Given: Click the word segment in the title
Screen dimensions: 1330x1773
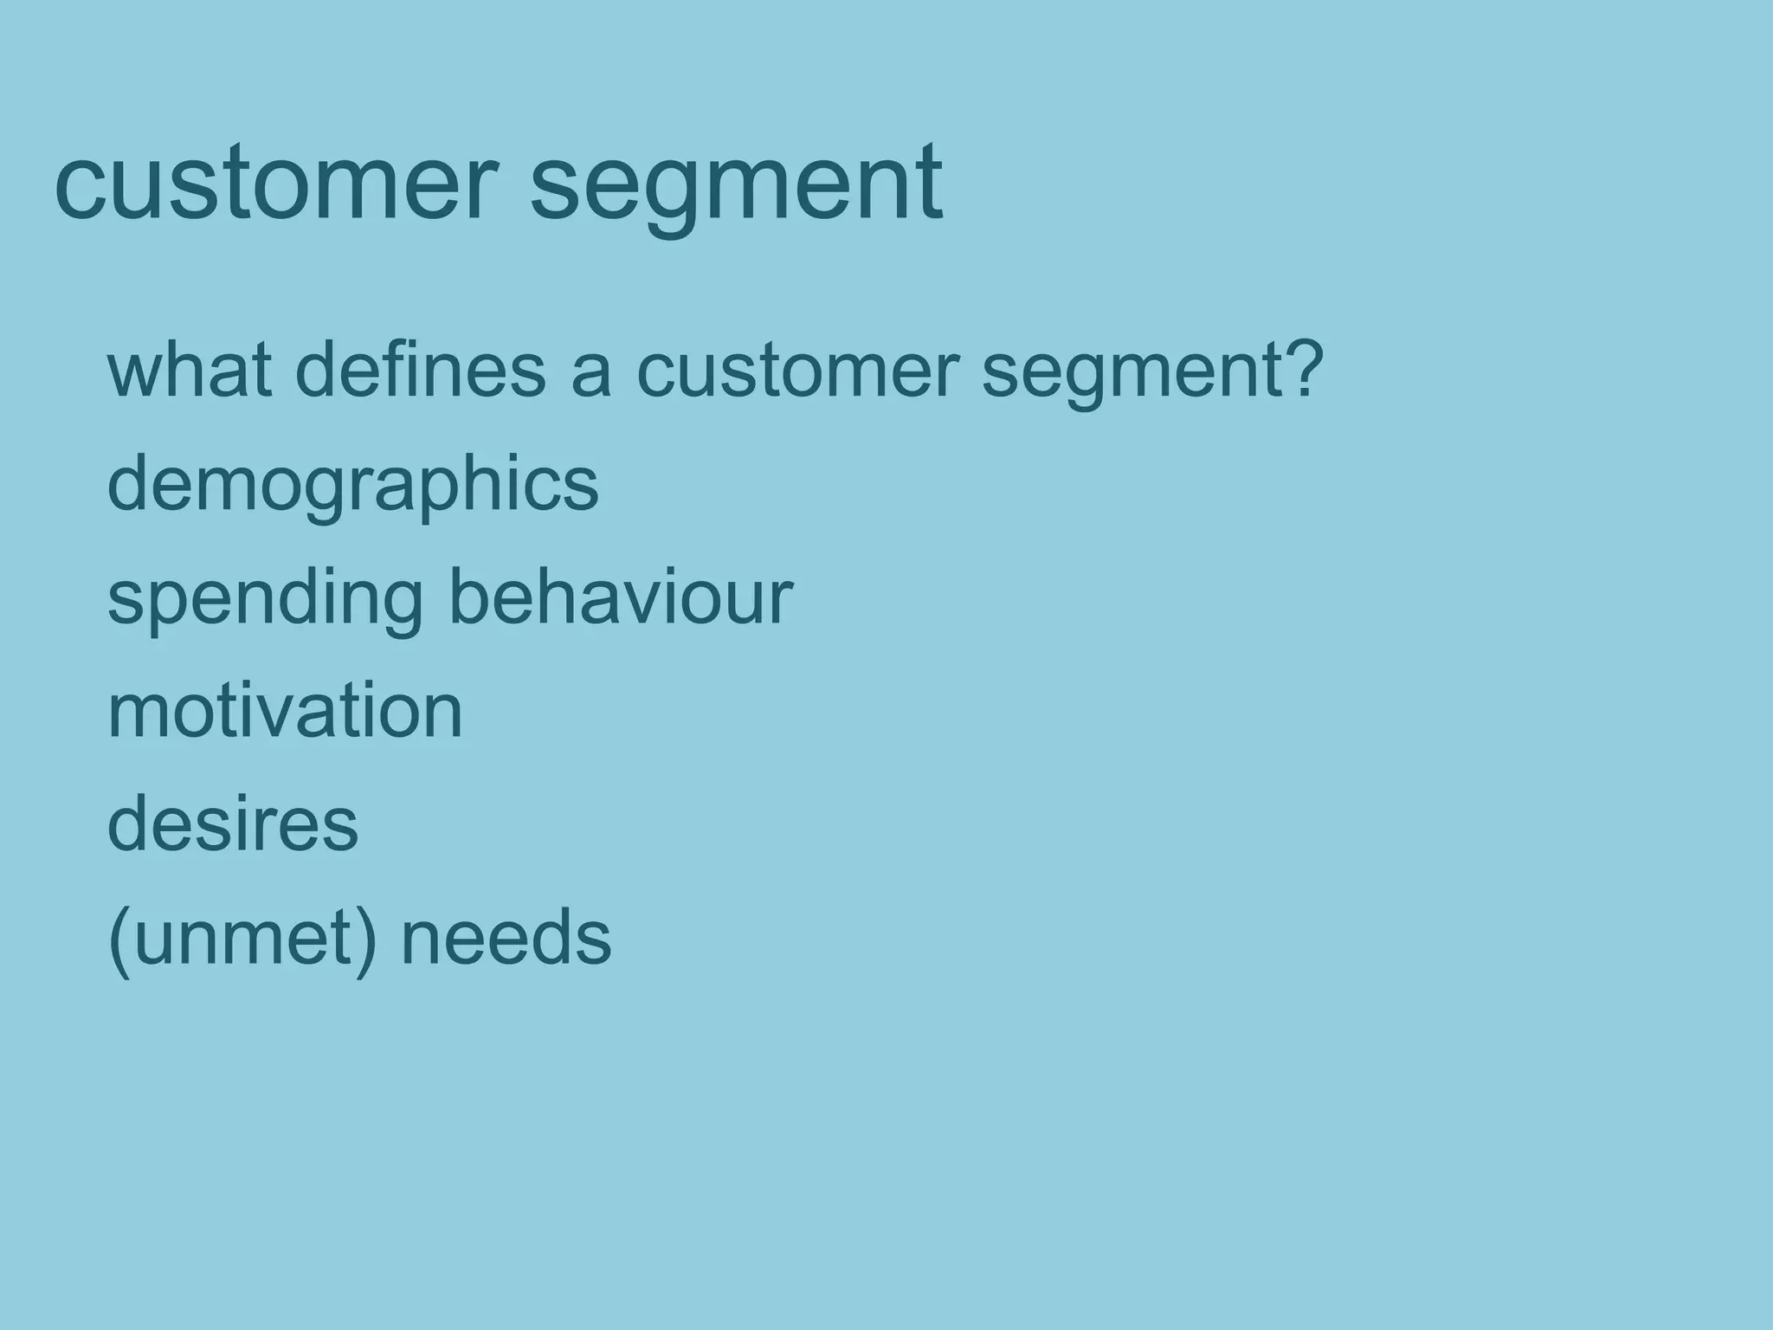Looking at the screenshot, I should pyautogui.click(x=736, y=184).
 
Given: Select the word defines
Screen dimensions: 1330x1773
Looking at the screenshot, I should pyautogui.click(x=421, y=371).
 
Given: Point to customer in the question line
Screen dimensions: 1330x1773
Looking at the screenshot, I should pyautogui.click(x=797, y=371).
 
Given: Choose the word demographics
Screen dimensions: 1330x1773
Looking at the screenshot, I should pyautogui.click(x=352, y=485).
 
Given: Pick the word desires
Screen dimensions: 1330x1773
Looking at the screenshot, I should pyautogui.click(x=232, y=824).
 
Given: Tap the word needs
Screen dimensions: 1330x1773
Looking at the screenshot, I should pyautogui.click(x=506, y=939).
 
